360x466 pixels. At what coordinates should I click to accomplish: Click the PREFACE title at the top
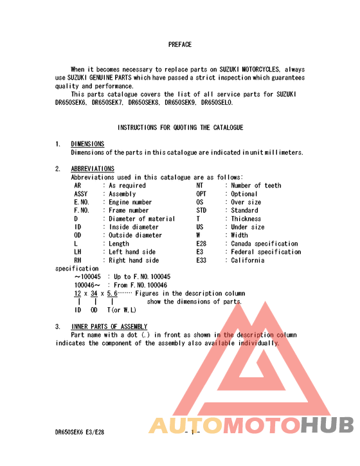click(x=180, y=45)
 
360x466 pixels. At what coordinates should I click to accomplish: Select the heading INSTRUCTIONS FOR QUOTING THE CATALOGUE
click(x=180, y=128)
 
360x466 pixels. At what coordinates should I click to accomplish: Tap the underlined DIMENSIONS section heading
click(x=87, y=144)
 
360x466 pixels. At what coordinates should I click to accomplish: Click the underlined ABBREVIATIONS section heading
click(x=93, y=169)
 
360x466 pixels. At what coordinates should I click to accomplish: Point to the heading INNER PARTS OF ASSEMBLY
click(x=109, y=327)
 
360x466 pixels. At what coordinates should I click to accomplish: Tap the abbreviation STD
click(x=201, y=211)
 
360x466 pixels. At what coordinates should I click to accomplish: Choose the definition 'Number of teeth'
click(x=256, y=186)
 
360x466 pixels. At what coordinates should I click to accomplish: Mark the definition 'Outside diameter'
click(x=135, y=236)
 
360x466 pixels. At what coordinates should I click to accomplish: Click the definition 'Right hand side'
click(x=134, y=261)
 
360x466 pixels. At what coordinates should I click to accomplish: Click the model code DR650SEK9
click(x=181, y=102)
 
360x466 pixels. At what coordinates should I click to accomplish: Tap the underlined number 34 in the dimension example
click(x=94, y=294)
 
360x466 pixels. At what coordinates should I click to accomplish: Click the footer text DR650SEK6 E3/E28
click(x=80, y=433)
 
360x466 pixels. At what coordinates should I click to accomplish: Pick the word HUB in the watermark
click(x=328, y=426)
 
